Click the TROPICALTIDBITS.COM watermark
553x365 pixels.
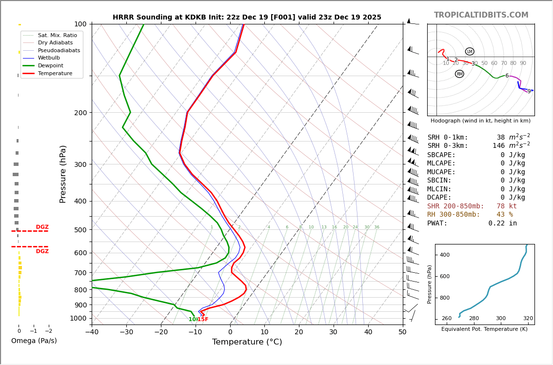pos(481,15)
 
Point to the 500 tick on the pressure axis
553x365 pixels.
pos(80,230)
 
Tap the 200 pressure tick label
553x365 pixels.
pos(80,113)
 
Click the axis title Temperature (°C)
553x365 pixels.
pos(247,342)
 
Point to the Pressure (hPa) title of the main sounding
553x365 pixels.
pos(63,174)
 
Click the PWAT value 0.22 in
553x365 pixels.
pos(503,223)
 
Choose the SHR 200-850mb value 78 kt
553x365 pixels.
pos(507,206)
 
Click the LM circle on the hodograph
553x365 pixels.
pos(470,51)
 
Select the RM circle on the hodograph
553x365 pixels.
pos(459,74)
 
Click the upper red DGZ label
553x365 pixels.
pos(42,227)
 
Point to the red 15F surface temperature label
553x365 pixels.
pos(202,320)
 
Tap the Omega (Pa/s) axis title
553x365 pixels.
pos(34,341)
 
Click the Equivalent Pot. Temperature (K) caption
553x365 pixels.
pos(484,329)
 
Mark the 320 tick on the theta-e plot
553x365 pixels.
pos(528,319)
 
